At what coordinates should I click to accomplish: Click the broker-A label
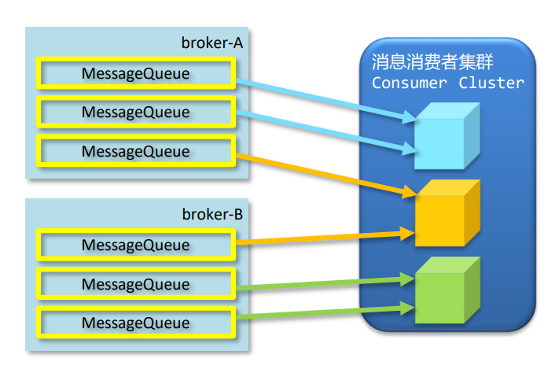coord(211,43)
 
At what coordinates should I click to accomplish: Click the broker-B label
coord(211,214)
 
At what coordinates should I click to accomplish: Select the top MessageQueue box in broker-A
coord(135,73)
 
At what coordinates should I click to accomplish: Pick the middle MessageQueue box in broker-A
coord(135,112)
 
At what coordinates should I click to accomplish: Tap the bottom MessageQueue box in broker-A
coord(135,150)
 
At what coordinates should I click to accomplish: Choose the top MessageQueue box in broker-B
coord(135,245)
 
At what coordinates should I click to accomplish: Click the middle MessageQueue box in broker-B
coord(135,283)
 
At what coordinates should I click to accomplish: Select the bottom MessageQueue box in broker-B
coord(135,322)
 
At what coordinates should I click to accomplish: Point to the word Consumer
coord(408,83)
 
